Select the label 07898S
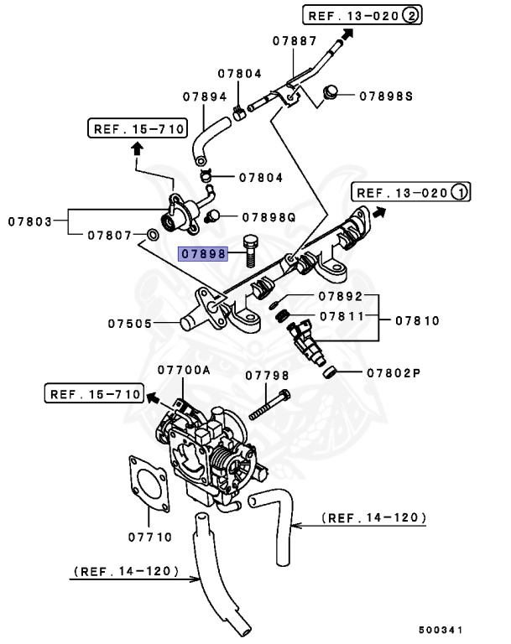387,96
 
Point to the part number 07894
205,96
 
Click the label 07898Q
269,216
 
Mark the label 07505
129,322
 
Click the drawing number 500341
441,628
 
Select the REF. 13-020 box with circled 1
411,192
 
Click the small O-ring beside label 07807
152,232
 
